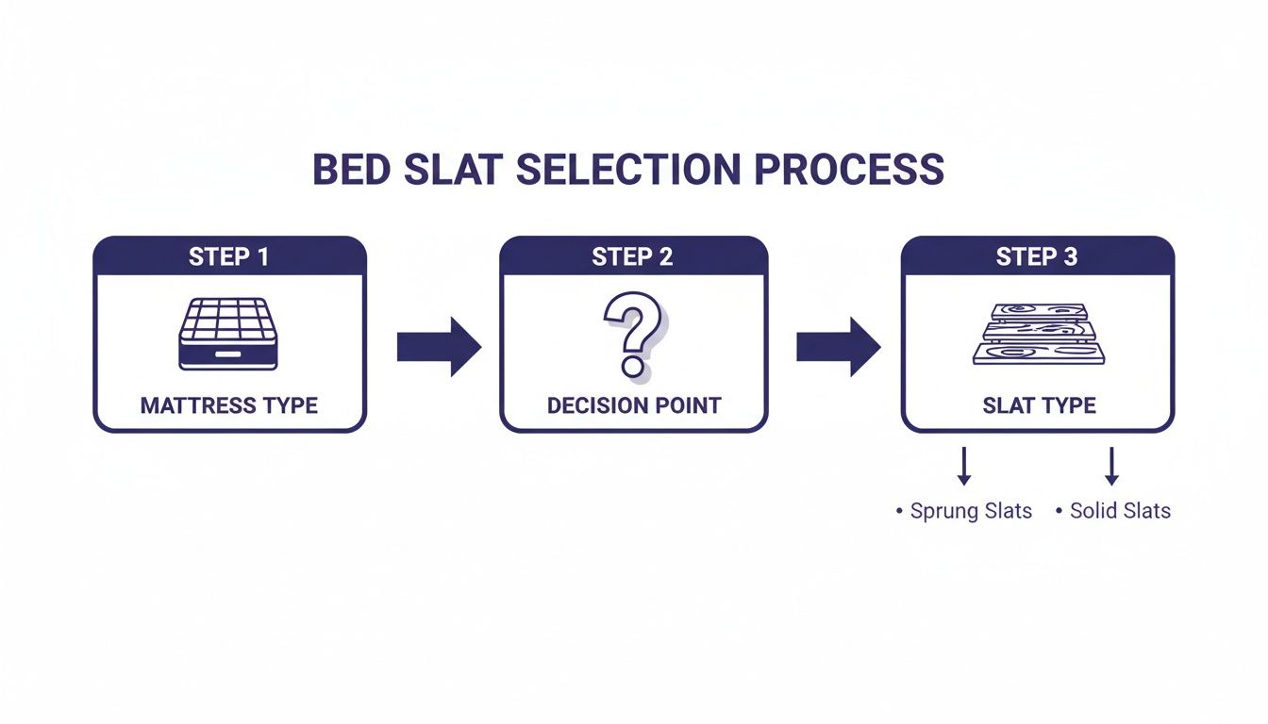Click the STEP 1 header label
tap(229, 256)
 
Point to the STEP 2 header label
tap(633, 256)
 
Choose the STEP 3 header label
tap(1037, 256)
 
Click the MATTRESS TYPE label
tap(229, 405)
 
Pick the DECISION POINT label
tap(633, 405)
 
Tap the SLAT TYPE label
tap(1039, 405)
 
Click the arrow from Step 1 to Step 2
tap(438, 346)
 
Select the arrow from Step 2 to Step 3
tap(838, 346)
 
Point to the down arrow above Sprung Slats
tap(964, 467)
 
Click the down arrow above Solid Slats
tap(1111, 467)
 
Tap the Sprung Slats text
tap(971, 511)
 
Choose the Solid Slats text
tap(1120, 511)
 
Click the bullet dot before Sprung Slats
tap(899, 512)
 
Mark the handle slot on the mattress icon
tap(228, 354)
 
